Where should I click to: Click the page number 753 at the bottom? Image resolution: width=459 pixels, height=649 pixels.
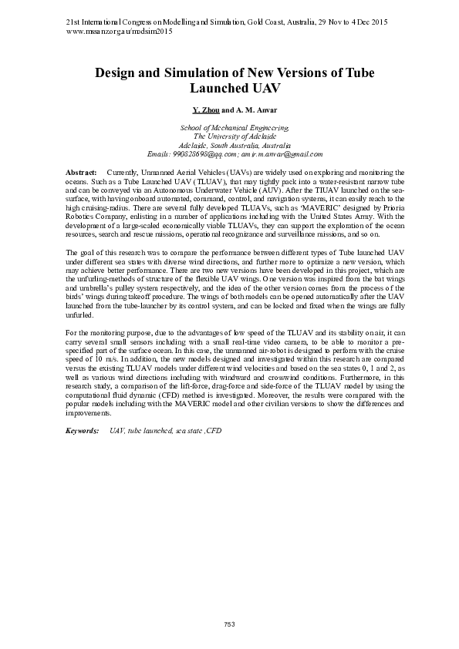click(229, 623)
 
